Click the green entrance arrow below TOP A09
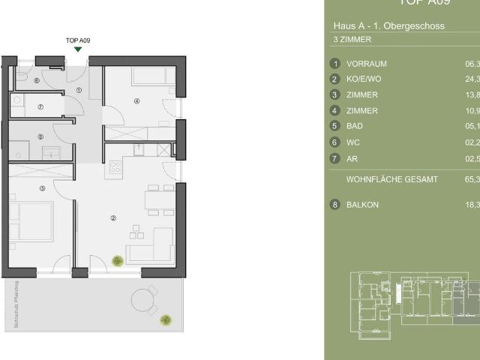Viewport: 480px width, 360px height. pos(79,49)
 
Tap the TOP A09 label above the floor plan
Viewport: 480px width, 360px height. pos(79,40)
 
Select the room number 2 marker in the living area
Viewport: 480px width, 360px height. pos(113,218)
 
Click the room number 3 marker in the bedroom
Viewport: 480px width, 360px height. pos(43,188)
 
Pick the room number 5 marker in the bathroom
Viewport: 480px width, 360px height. pos(40,136)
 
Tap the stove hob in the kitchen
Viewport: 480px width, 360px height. pos(115,166)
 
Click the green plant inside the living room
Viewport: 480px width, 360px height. pos(118,260)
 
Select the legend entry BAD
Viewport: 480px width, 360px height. pos(354,126)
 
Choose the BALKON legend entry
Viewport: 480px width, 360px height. pos(361,204)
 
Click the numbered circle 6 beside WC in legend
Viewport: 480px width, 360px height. pos(335,142)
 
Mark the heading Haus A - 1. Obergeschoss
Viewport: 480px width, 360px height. pos(388,25)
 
